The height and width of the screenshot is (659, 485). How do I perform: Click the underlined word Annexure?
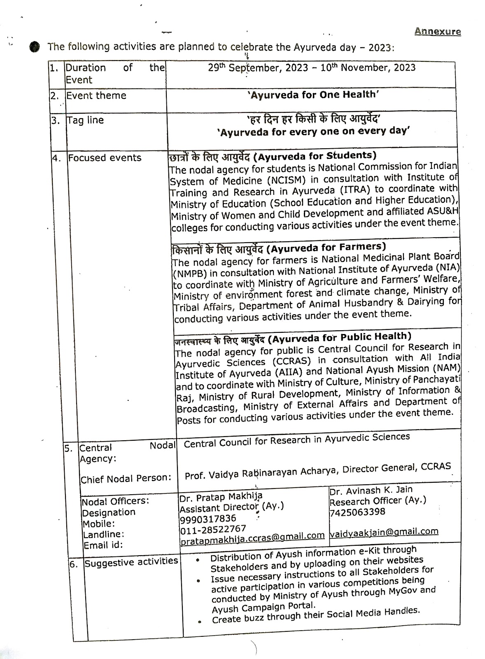[x=437, y=31]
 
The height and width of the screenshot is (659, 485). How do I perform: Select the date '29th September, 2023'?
[x=257, y=68]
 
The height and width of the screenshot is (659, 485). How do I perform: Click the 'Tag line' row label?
[x=85, y=120]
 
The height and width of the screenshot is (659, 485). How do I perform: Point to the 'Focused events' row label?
[x=105, y=158]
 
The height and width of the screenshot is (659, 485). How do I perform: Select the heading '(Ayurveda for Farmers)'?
[x=326, y=247]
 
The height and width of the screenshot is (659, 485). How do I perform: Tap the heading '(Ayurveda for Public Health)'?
[x=340, y=338]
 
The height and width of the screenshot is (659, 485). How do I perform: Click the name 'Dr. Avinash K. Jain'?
[x=371, y=490]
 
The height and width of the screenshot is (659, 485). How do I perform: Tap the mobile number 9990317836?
[x=208, y=519]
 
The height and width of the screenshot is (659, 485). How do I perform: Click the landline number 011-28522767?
[x=213, y=528]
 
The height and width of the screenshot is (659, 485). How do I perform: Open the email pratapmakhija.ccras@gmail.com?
[x=252, y=536]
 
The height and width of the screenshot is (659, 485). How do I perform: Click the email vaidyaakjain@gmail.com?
[x=384, y=532]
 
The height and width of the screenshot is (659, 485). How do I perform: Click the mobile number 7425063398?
[x=357, y=512]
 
